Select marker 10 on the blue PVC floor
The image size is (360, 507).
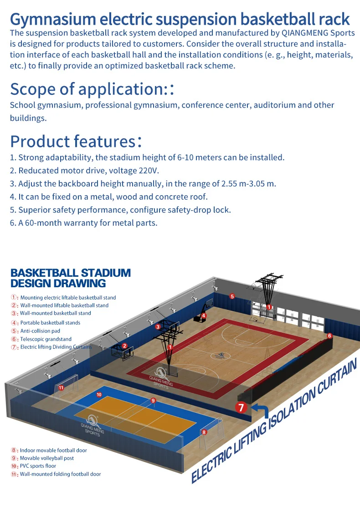click(99, 394)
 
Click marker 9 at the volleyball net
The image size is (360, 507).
click(153, 400)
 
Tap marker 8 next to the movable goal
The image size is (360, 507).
click(204, 432)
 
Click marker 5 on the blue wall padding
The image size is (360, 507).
click(232, 296)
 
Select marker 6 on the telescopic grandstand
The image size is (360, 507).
click(329, 336)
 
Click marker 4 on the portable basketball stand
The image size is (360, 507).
click(204, 316)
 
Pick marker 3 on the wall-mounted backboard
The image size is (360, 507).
click(158, 327)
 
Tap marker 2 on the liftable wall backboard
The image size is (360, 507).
click(124, 346)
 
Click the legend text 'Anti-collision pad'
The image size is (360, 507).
click(40, 331)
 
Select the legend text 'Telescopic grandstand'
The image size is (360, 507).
click(46, 339)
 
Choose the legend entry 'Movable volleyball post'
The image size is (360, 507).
click(46, 458)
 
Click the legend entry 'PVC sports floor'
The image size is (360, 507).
click(38, 466)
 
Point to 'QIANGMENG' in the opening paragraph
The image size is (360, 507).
click(298, 33)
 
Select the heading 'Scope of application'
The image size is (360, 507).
click(87, 88)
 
